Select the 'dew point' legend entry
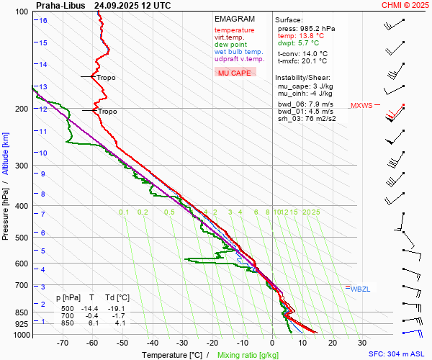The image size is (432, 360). (230, 45)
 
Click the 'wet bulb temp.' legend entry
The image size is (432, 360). (239, 53)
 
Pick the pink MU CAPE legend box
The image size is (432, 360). (235, 73)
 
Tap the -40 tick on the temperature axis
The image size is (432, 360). (152, 343)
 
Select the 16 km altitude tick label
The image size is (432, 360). (43, 21)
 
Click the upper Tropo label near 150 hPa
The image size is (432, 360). (106, 77)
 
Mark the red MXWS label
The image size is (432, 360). (361, 106)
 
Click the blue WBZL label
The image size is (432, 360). (360, 289)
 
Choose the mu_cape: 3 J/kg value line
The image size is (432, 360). (305, 86)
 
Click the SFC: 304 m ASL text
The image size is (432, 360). (398, 354)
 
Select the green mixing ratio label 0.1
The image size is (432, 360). (124, 212)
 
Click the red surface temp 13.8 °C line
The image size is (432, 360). (301, 35)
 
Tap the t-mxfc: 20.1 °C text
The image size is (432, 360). (302, 62)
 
